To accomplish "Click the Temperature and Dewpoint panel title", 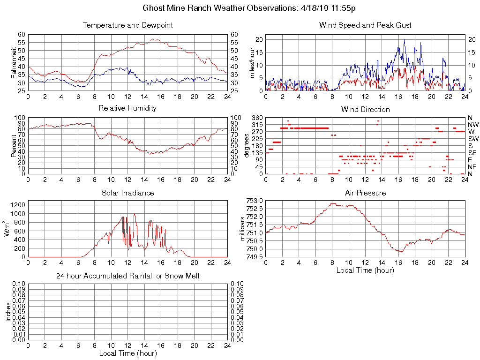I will pyautogui.click(x=127, y=25).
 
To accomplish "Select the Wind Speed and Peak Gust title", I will pyautogui.click(x=365, y=25).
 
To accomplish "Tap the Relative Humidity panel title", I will pyautogui.click(x=127, y=108).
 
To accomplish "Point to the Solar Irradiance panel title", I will pyautogui.click(x=127, y=193).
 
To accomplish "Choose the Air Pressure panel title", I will pyautogui.click(x=365, y=193).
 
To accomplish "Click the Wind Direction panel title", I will pyautogui.click(x=365, y=109).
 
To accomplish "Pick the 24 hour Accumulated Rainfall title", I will pyautogui.click(x=127, y=276).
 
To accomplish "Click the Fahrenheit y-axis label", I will pyautogui.click(x=14, y=62).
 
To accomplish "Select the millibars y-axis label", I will pyautogui.click(x=243, y=228).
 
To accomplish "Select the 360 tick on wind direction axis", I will pyautogui.click(x=257, y=118).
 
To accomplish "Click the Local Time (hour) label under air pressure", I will pyautogui.click(x=365, y=270).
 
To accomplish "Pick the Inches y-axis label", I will pyautogui.click(x=8, y=312).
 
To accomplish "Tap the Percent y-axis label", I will pyautogui.click(x=14, y=146).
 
